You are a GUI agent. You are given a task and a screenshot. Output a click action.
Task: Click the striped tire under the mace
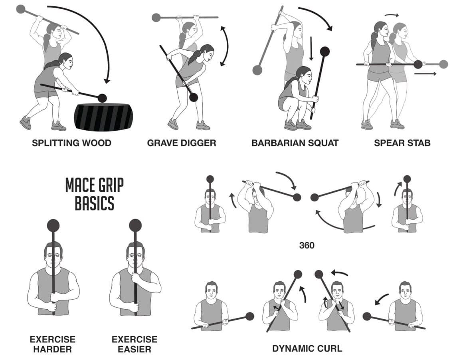(x=103, y=117)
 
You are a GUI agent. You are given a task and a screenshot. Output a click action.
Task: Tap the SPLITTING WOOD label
(x=71, y=143)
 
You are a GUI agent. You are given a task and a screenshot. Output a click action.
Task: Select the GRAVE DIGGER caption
(x=182, y=143)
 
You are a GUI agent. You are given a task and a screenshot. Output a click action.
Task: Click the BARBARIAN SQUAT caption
(x=295, y=143)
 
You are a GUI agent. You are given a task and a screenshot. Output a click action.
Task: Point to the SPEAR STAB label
(x=402, y=143)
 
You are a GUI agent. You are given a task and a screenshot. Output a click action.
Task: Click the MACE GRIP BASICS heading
(x=95, y=194)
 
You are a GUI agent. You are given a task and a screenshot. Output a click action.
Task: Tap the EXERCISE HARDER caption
(x=52, y=344)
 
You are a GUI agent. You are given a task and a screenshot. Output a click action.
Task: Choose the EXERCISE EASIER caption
(x=135, y=344)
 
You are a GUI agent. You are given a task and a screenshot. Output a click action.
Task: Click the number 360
(x=307, y=245)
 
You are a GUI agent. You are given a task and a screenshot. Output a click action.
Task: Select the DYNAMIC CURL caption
(x=307, y=348)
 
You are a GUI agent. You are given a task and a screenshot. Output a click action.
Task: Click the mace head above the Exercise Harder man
(x=53, y=226)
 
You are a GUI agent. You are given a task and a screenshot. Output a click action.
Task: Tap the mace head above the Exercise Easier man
(x=135, y=226)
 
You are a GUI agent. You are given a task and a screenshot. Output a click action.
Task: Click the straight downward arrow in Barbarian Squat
(x=311, y=48)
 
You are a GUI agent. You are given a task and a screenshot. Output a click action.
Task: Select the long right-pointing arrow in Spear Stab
(x=425, y=74)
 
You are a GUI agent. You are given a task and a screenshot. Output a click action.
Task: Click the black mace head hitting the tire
(x=102, y=97)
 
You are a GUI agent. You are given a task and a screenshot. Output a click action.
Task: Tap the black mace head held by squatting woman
(x=325, y=52)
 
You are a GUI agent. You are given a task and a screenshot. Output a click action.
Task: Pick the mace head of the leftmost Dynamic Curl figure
(x=250, y=316)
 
